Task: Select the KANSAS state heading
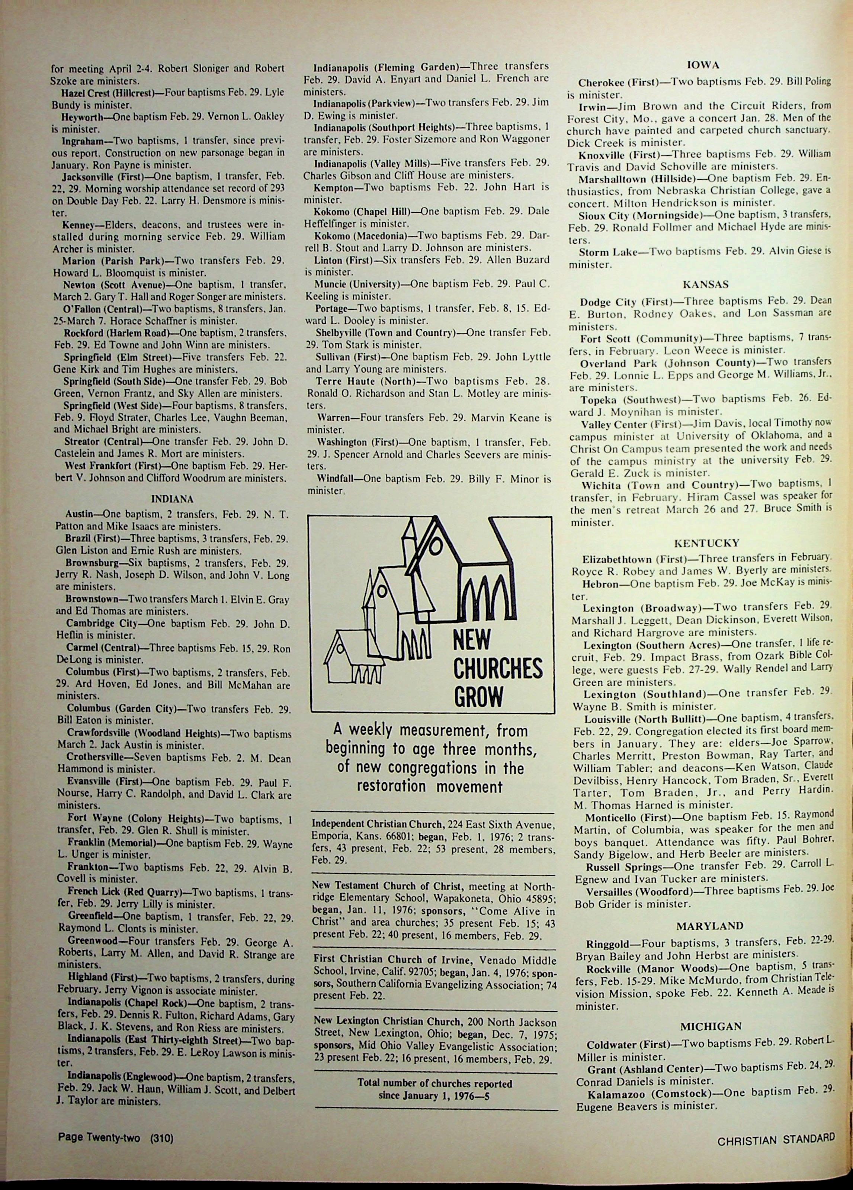705,284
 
